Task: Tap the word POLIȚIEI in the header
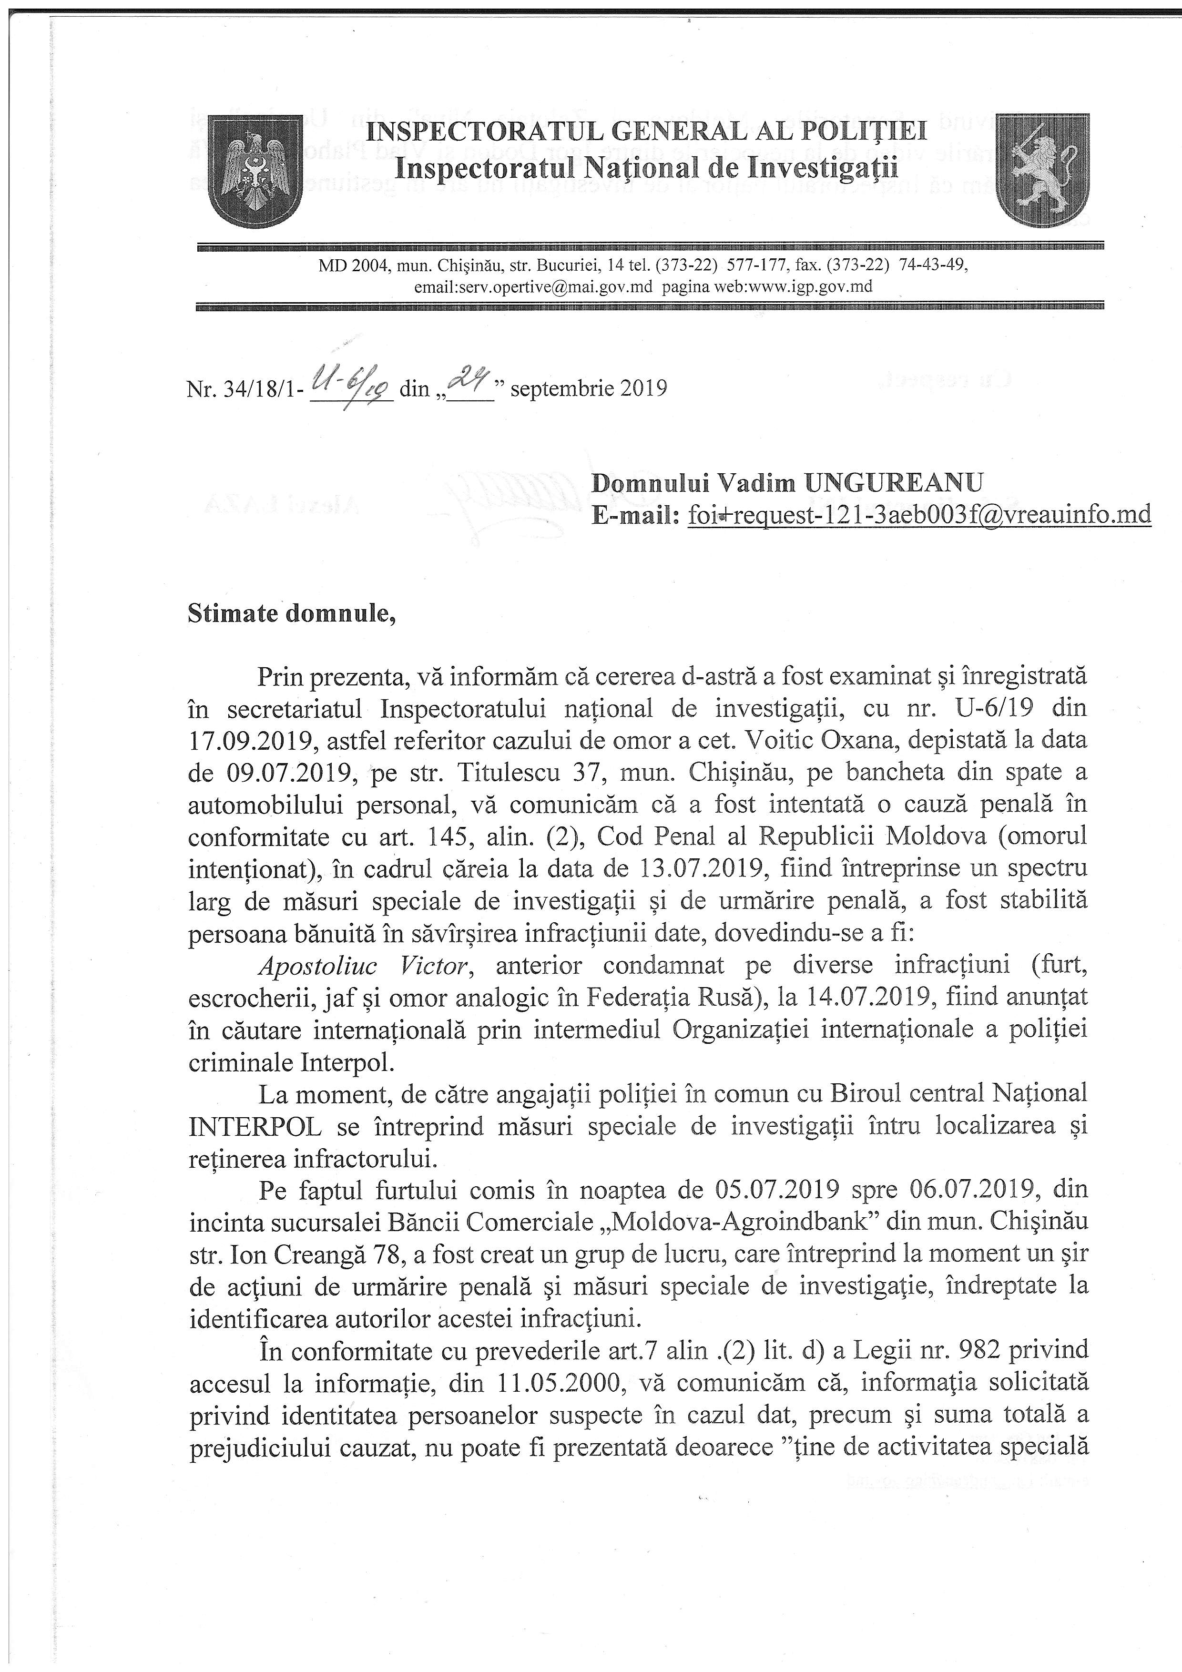click(x=864, y=132)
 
